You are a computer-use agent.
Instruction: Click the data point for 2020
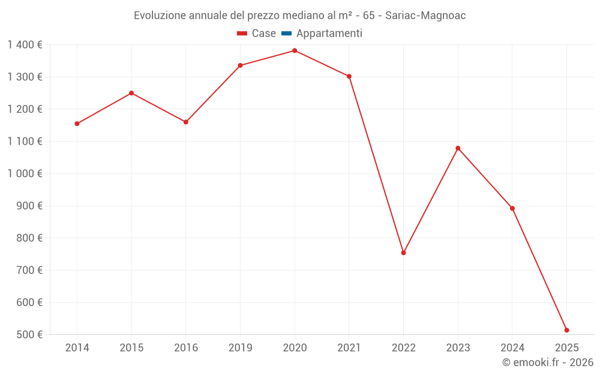tap(295, 50)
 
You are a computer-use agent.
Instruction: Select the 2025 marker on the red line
tap(566, 330)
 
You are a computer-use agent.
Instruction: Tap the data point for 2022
tap(403, 253)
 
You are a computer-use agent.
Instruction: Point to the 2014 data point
tap(77, 124)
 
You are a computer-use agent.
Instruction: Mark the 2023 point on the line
tap(458, 148)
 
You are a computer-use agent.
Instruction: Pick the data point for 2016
tap(186, 122)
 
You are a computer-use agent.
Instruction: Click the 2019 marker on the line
tap(240, 65)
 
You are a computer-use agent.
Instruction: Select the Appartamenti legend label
tap(329, 34)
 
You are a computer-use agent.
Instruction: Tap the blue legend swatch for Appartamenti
tap(286, 34)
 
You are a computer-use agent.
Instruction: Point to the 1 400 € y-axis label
tap(25, 45)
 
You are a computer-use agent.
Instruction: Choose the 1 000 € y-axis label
tap(25, 173)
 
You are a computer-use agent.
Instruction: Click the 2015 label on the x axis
tap(131, 348)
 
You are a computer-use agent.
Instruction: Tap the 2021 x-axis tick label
tap(349, 348)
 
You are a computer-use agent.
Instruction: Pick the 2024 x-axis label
tap(512, 348)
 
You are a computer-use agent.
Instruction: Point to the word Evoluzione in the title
tap(160, 16)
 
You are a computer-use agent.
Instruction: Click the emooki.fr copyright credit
tap(547, 362)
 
